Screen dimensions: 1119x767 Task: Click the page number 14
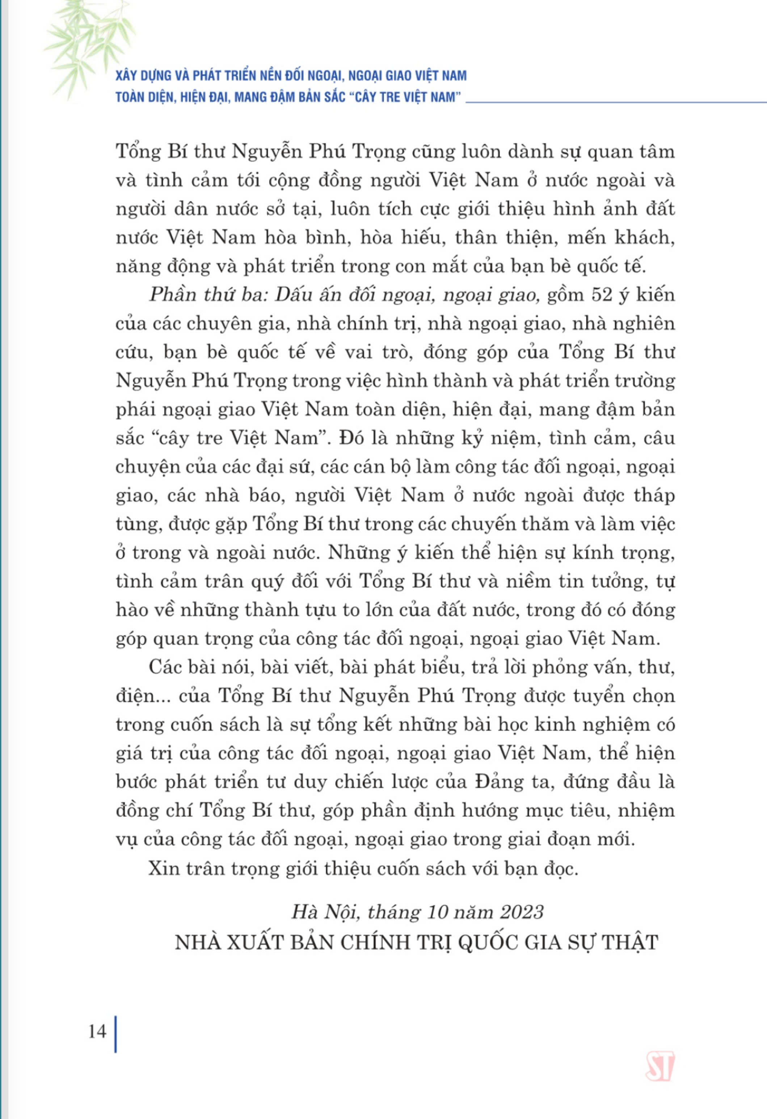coord(97,1031)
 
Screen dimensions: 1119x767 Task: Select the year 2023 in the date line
coord(522,912)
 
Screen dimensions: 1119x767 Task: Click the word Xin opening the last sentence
coord(163,868)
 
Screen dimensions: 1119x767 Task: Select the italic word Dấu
coord(293,295)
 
